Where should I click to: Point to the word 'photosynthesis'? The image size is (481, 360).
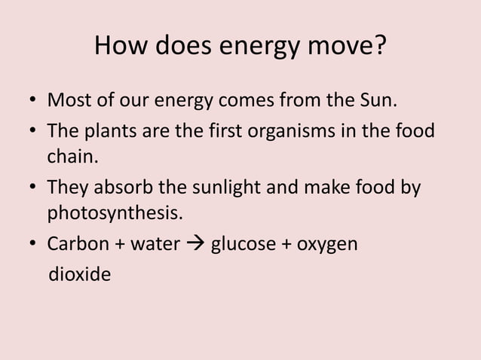click(115, 214)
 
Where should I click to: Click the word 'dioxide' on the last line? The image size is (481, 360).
click(79, 275)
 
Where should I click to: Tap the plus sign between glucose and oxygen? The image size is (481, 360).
click(286, 246)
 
